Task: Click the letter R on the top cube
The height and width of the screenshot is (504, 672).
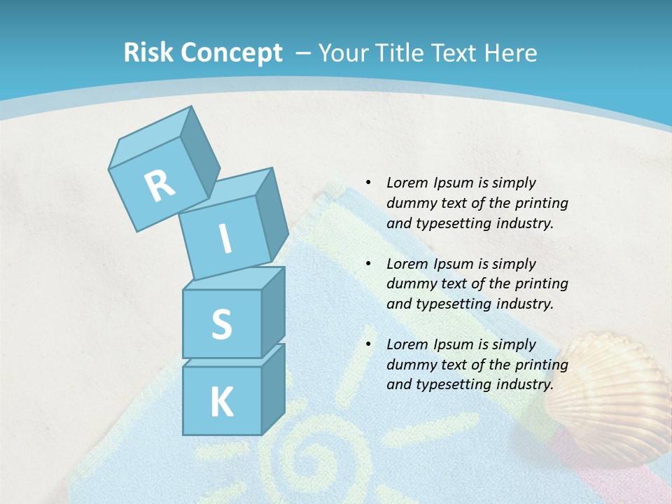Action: [160, 186]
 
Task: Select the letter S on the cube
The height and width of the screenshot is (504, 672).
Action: [221, 325]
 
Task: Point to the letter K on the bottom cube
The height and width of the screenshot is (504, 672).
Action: [221, 402]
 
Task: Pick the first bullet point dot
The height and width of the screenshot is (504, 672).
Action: [367, 183]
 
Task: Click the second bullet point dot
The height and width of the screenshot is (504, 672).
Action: [367, 264]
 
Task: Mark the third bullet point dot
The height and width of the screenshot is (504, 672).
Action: [367, 344]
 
